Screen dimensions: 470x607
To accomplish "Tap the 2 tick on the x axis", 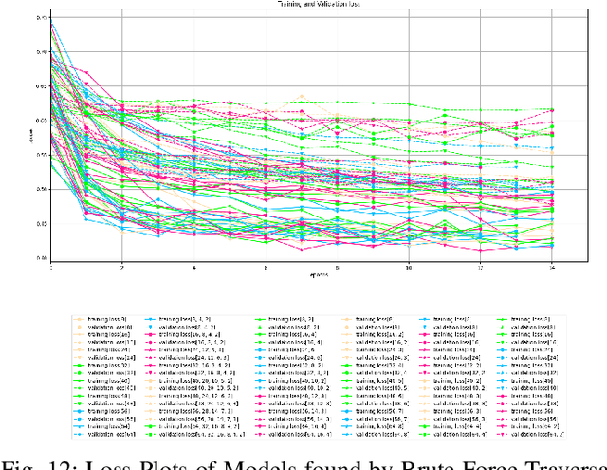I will pyautogui.click(x=122, y=267).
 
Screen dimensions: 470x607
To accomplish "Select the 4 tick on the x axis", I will pyautogui.click(x=194, y=267).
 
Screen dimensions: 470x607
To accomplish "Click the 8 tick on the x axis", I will pyautogui.click(x=337, y=267).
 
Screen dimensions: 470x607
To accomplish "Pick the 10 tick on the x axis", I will pyautogui.click(x=409, y=267).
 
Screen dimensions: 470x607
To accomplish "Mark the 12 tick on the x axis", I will pyautogui.click(x=481, y=267).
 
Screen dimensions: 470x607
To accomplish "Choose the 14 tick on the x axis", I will pyautogui.click(x=552, y=267).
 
